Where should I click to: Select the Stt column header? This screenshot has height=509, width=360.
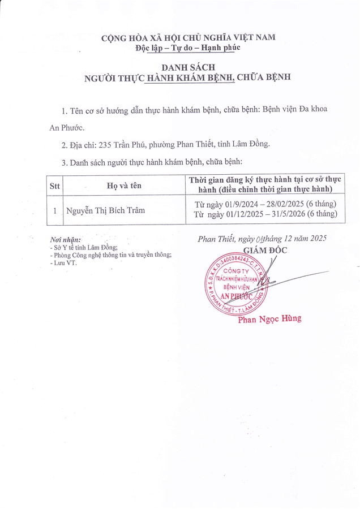click(x=54, y=185)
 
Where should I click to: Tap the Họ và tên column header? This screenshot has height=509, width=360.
click(x=124, y=185)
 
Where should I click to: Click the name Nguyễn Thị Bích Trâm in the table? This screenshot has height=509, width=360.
click(x=105, y=210)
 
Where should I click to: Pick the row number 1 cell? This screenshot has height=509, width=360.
click(x=54, y=210)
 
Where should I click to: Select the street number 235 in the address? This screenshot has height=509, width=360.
click(x=106, y=144)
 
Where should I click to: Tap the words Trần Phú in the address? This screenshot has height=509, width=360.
click(x=132, y=144)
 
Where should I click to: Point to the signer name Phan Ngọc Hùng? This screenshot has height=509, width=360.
click(x=270, y=319)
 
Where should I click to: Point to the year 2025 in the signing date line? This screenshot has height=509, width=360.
click(x=316, y=239)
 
